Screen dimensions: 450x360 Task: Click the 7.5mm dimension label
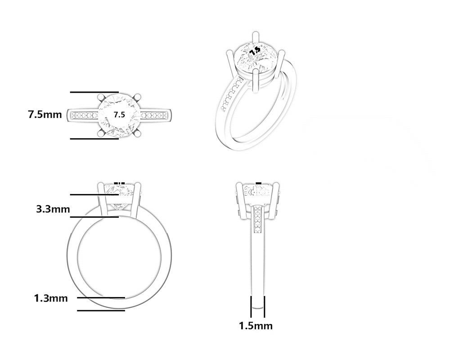click(x=45, y=115)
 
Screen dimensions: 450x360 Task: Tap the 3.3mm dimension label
click(x=53, y=209)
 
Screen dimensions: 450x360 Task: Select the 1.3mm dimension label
click(x=51, y=298)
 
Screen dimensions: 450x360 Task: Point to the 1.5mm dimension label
click(x=256, y=326)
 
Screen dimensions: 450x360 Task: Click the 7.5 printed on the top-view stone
click(x=119, y=115)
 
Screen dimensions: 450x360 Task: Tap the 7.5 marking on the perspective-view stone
click(x=255, y=51)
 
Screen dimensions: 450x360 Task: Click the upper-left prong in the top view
click(x=101, y=97)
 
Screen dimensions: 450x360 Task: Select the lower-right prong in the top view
click(x=137, y=133)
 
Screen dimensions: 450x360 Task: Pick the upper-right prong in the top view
click(x=137, y=97)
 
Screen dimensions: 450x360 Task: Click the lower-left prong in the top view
click(x=101, y=133)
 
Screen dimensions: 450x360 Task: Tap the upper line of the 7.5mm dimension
click(x=94, y=92)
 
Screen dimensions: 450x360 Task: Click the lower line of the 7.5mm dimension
click(x=94, y=139)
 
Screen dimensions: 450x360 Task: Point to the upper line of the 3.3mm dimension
click(x=94, y=195)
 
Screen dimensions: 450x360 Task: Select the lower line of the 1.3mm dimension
click(x=101, y=310)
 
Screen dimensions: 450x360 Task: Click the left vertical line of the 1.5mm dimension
click(x=251, y=306)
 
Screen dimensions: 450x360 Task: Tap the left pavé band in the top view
click(x=85, y=115)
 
